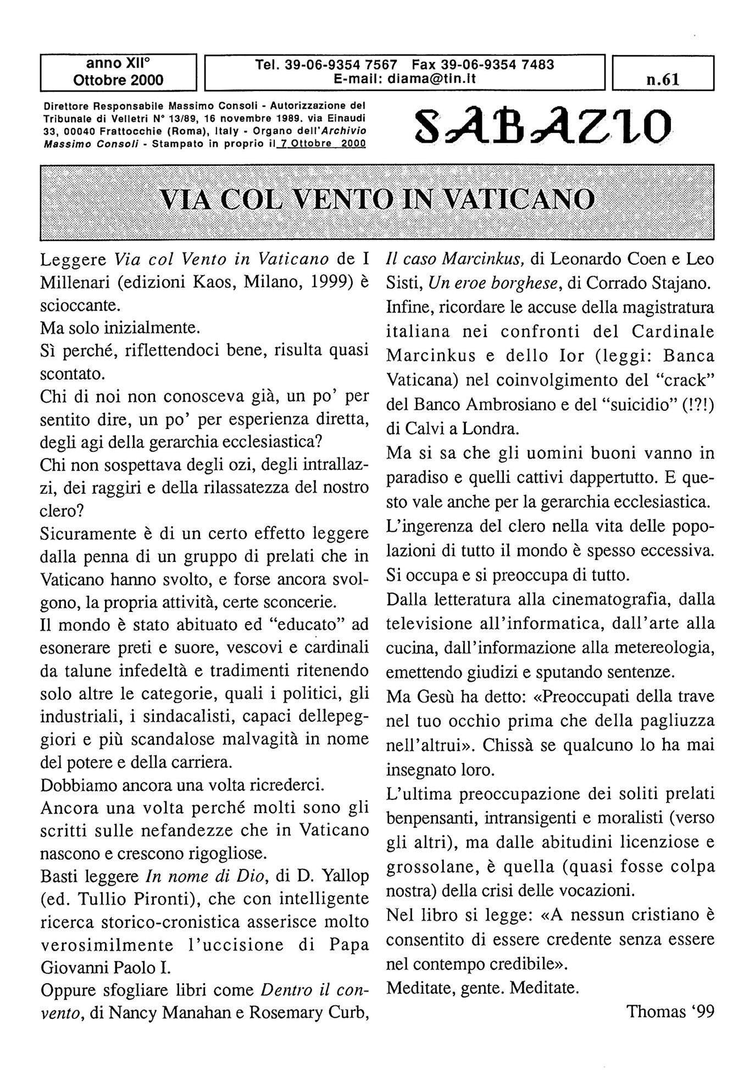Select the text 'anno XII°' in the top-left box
118,64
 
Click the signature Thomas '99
670,1011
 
